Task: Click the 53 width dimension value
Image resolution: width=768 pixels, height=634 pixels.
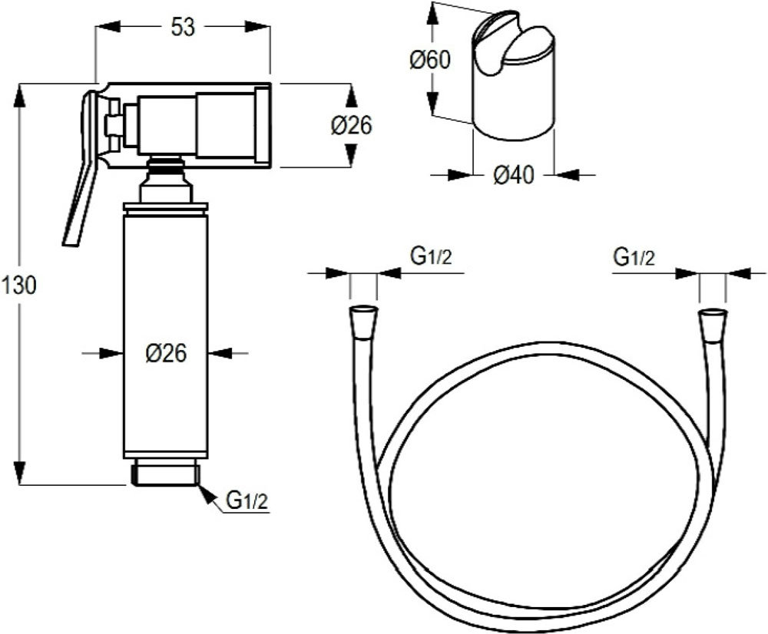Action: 183,28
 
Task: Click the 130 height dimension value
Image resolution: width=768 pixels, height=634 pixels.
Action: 18,285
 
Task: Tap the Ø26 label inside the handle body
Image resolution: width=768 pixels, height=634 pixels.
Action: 166,352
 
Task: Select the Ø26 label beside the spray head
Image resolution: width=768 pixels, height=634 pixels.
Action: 351,125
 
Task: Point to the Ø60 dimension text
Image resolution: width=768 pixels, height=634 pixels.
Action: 429,60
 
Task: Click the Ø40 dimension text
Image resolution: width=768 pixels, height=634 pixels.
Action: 513,175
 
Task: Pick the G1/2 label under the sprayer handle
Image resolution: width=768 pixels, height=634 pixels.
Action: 247,501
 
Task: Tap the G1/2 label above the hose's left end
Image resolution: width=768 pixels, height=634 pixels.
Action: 431,256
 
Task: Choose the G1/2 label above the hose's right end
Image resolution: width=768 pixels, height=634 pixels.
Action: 634,256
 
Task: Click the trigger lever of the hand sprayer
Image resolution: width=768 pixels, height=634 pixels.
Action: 82,167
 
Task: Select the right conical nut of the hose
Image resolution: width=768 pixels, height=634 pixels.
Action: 713,325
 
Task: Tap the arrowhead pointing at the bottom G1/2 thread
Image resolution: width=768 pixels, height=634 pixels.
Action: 208,494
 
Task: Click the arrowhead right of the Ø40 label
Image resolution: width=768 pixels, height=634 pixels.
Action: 568,173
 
